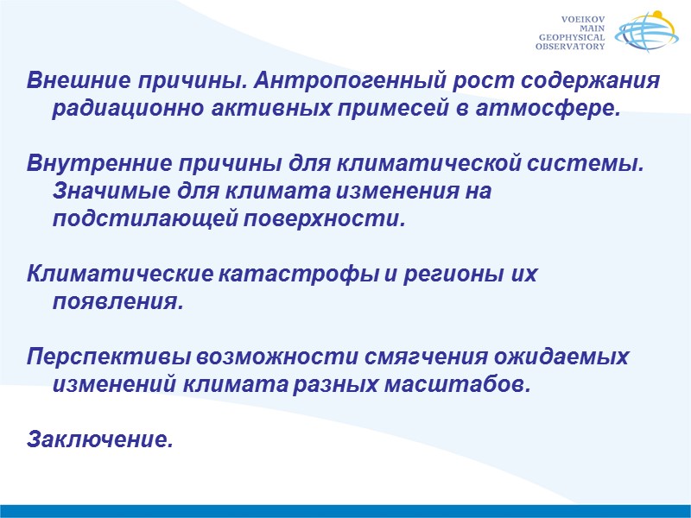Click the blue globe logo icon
(646, 34)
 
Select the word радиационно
(111, 110)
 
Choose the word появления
(117, 303)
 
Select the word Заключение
(100, 440)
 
